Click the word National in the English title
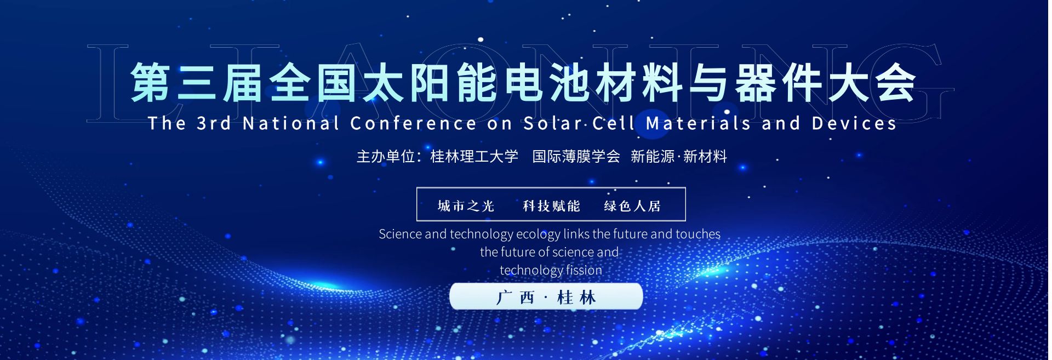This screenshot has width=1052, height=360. (x=291, y=123)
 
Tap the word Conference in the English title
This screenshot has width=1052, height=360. (x=414, y=123)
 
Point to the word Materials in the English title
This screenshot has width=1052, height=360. (x=699, y=123)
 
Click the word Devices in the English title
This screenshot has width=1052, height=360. (x=854, y=123)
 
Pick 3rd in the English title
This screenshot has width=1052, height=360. (x=214, y=123)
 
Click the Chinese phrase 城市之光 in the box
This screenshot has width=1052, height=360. (x=466, y=206)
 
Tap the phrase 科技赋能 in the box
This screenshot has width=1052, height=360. (x=551, y=206)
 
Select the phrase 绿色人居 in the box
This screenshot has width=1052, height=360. (x=633, y=206)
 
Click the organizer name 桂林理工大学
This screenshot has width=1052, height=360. (x=474, y=157)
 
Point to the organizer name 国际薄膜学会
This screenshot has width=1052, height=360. (x=576, y=157)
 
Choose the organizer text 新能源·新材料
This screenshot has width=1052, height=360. (x=679, y=157)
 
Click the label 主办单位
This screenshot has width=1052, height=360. (x=386, y=157)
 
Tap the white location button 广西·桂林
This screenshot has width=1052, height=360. (x=546, y=296)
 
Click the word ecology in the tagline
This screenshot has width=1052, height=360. (x=539, y=235)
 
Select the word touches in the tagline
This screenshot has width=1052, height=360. (x=698, y=234)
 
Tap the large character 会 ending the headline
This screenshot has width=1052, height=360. (x=896, y=83)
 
